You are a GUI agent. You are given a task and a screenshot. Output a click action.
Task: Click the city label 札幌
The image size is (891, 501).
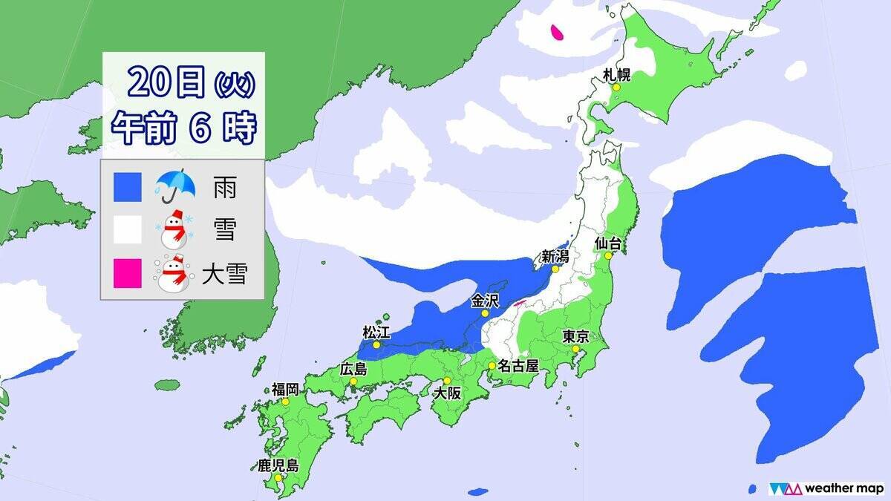click(x=617, y=73)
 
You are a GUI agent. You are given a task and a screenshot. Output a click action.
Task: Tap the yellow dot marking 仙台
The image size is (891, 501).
click(x=606, y=255)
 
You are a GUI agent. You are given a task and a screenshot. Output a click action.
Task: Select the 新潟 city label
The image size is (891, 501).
click(x=555, y=256)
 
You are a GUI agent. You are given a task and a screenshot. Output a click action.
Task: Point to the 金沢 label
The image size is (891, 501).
click(x=485, y=301)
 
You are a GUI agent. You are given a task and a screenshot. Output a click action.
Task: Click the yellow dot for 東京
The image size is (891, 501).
click(x=575, y=349)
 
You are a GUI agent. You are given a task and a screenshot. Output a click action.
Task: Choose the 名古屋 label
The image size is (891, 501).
click(x=518, y=365)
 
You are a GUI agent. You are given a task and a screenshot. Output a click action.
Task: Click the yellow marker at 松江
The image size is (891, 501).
click(x=376, y=344)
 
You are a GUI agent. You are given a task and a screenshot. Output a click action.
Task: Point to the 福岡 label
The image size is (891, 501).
click(x=286, y=388)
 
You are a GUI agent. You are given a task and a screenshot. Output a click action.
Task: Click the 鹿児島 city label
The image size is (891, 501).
click(x=278, y=466)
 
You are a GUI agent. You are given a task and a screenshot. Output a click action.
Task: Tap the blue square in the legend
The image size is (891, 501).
click(x=127, y=188)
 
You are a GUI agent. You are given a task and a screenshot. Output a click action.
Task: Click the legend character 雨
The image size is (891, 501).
click(x=225, y=188)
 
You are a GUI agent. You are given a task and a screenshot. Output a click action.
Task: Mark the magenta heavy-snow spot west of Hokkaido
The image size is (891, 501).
click(x=556, y=32)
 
